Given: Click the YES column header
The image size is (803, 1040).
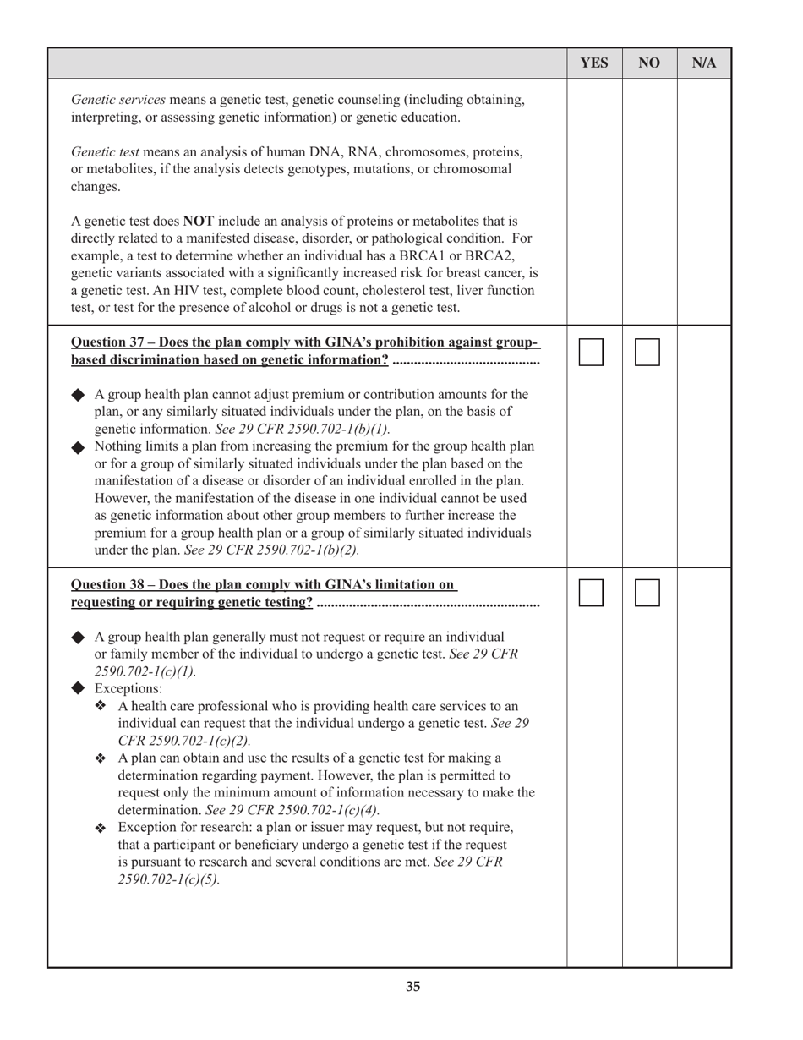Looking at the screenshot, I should point(594,63).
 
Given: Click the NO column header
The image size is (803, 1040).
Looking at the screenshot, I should point(649,63).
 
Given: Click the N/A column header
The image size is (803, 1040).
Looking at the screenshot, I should point(704,63).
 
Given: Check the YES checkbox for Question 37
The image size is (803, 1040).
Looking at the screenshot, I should point(592,352).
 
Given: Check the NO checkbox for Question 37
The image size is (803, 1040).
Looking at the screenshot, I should point(647,352).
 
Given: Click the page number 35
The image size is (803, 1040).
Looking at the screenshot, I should point(412,986).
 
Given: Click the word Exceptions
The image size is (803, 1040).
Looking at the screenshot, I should point(128,688).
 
